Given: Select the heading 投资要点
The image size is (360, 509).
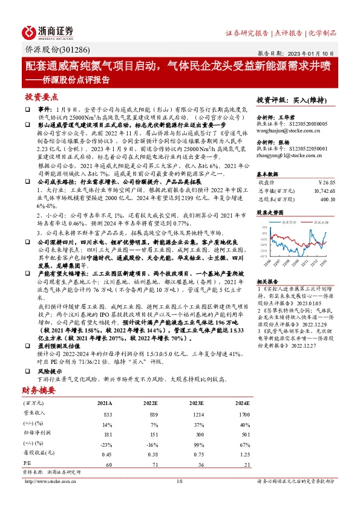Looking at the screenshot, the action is pyautogui.click(x=41, y=97).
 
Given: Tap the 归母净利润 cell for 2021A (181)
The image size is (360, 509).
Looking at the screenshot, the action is pyautogui.click(x=109, y=433).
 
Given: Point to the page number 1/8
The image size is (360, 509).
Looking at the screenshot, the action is pyautogui.click(x=179, y=481).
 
